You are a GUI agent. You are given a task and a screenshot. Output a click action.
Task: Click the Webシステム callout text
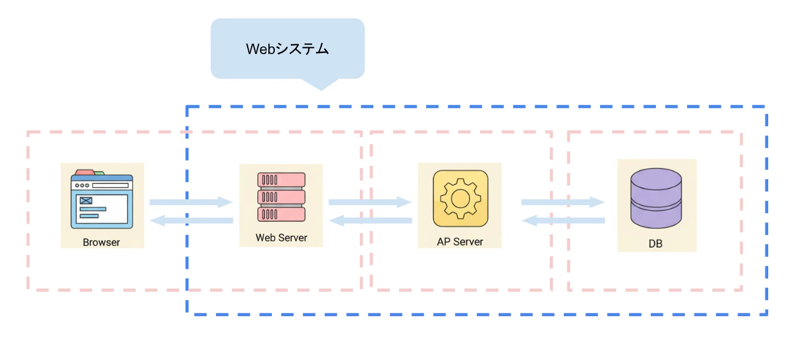point(287,49)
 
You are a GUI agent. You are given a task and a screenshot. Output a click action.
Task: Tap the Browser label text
point(101,242)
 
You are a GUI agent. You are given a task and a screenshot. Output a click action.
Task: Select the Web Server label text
point(282,237)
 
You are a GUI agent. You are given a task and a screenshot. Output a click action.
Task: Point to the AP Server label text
point(460,242)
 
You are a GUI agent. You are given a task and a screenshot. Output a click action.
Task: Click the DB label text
point(655,244)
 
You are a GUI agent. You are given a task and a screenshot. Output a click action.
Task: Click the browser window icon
point(102,199)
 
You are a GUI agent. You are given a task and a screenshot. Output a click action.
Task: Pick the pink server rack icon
point(282,197)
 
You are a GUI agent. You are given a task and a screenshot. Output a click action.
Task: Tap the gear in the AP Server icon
point(460,198)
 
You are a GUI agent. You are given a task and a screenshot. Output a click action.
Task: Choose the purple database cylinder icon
point(656,198)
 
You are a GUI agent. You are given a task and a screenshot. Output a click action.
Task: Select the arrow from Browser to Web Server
point(191,202)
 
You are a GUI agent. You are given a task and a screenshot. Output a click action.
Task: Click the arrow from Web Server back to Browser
point(192,221)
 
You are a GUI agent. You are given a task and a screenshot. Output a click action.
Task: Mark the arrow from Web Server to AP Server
point(370,202)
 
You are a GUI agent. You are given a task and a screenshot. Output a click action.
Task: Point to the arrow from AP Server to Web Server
point(371,221)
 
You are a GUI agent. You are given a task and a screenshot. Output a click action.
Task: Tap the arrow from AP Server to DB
point(563,202)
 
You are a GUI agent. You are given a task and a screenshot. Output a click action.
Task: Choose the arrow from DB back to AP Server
point(563,221)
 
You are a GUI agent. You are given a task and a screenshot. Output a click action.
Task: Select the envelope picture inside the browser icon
point(86,200)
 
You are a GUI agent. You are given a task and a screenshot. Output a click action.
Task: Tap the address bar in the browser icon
point(111,185)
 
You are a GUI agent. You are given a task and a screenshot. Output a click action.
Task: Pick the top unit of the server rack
point(282,180)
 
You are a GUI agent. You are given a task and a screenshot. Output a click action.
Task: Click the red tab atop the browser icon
point(85,172)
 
